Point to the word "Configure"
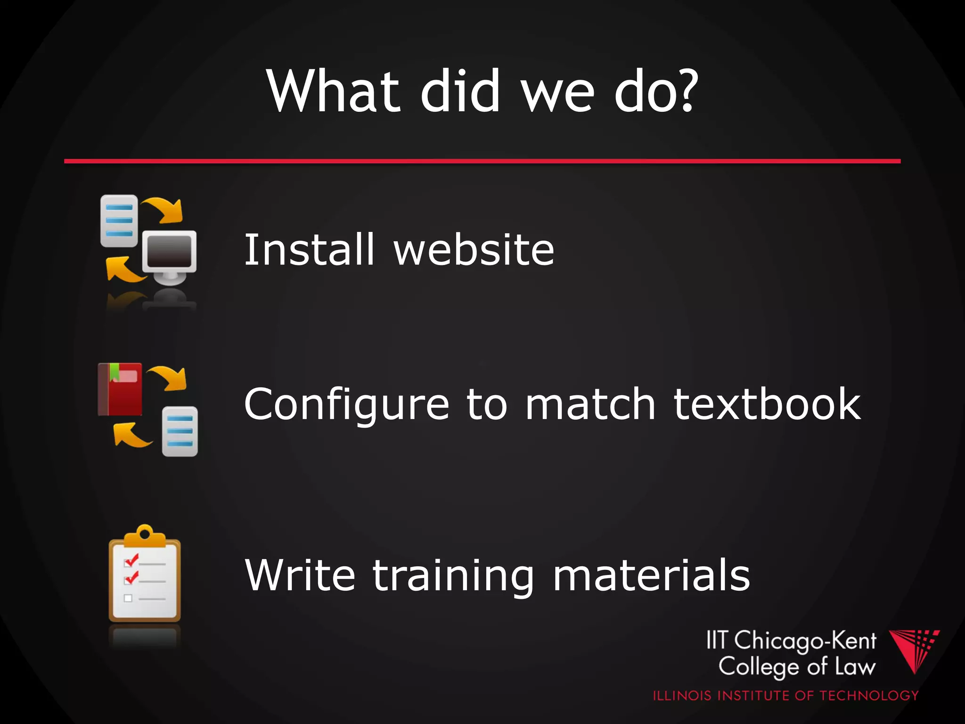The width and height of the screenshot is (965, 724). coord(347,404)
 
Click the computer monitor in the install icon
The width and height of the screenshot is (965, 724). coord(170,252)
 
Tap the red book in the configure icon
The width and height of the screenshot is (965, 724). coord(120,389)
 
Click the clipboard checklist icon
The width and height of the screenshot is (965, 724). coord(145,577)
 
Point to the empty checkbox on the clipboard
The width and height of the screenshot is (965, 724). coord(128,599)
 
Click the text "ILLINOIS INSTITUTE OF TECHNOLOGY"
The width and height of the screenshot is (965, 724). coord(785,696)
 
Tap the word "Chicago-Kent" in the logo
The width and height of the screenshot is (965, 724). coord(805,641)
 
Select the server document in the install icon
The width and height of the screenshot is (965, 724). coord(119,221)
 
